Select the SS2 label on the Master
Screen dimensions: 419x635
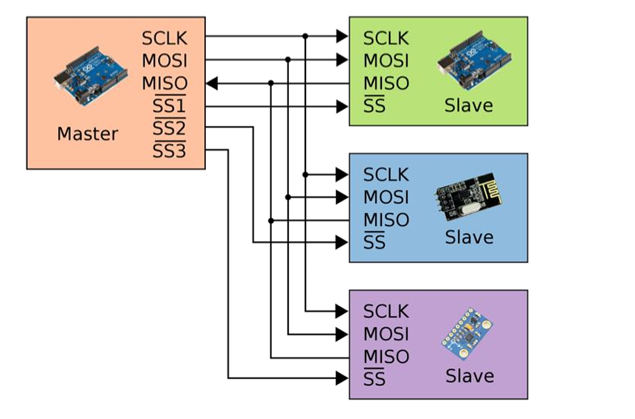click(169, 129)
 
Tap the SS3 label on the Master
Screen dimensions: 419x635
click(169, 152)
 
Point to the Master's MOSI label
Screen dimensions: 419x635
click(164, 61)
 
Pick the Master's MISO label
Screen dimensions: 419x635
click(164, 84)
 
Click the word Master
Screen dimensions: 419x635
click(88, 134)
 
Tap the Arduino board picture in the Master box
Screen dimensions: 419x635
click(91, 76)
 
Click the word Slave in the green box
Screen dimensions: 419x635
click(468, 106)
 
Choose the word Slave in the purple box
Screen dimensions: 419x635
click(469, 376)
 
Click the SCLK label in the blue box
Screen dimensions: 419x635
click(386, 174)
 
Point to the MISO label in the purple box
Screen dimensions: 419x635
click(386, 357)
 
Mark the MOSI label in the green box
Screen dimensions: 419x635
click(386, 61)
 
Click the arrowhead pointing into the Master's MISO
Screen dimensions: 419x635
click(212, 84)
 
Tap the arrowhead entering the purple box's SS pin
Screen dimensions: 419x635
click(342, 378)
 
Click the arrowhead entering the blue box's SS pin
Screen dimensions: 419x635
click(342, 243)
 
